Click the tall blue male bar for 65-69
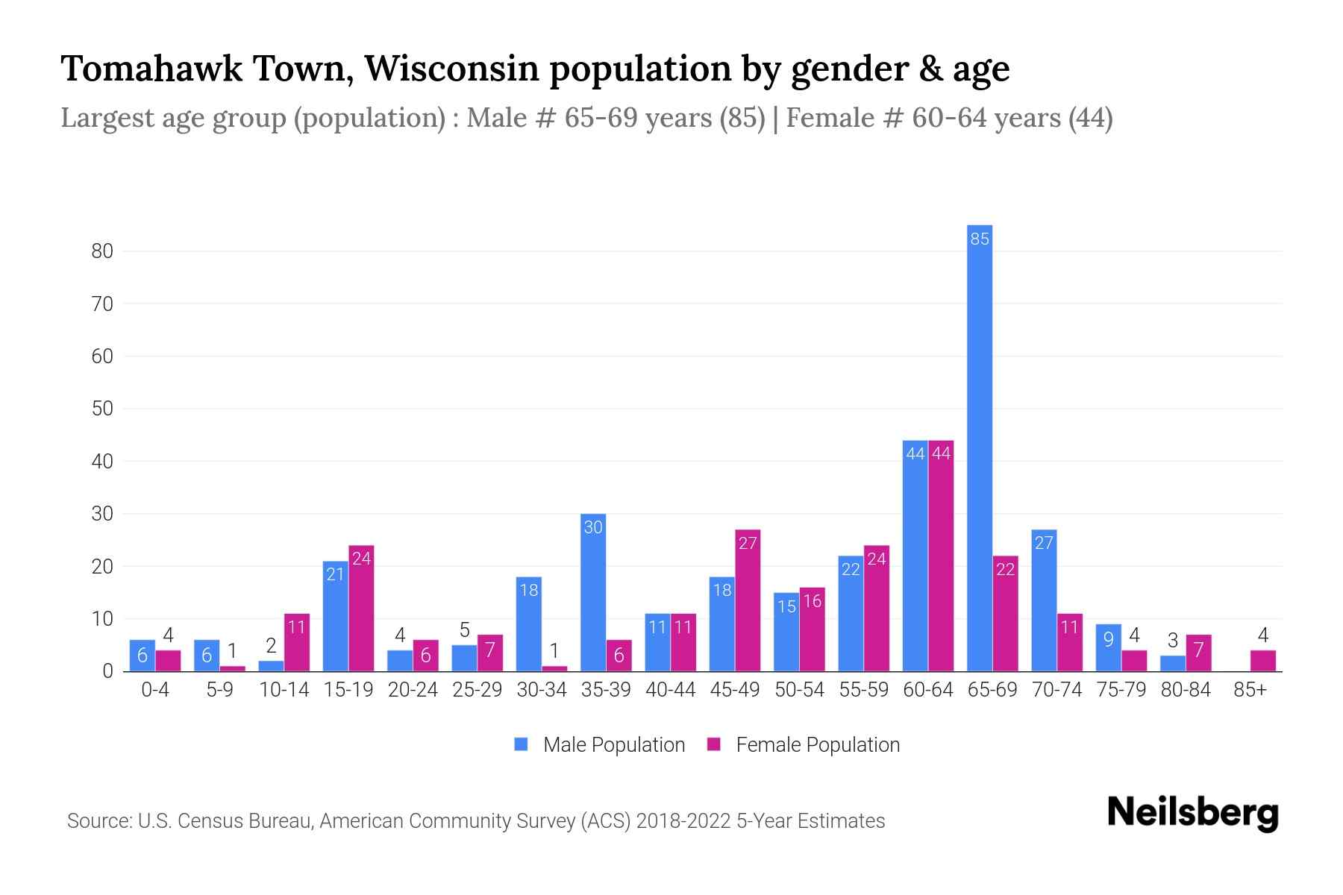click(979, 447)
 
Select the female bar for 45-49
click(748, 600)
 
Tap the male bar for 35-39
click(593, 593)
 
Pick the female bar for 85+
click(1262, 661)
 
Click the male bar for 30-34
click(529, 624)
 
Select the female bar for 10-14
click(297, 642)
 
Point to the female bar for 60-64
click(941, 556)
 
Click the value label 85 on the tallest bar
click(979, 239)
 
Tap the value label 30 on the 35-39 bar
click(593, 527)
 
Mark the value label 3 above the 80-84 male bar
click(1172, 641)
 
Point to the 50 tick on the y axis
click(102, 409)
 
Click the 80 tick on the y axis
click(102, 251)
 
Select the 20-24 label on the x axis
click(413, 690)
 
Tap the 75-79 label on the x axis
click(1121, 690)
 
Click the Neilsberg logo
click(1192, 813)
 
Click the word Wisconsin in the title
click(451, 69)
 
